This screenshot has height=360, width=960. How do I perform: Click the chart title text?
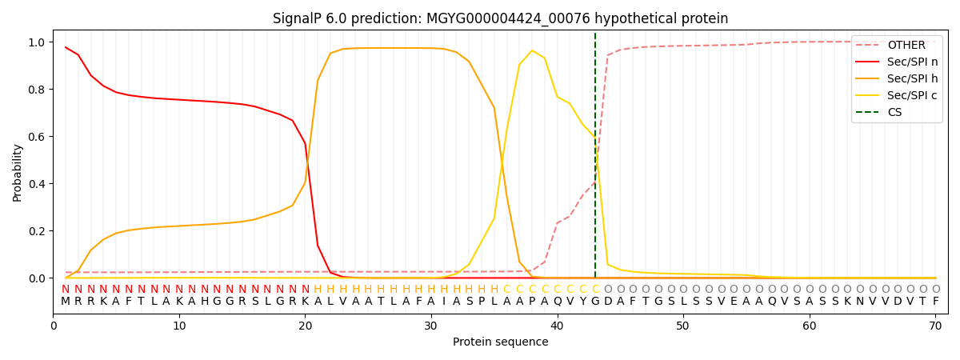click(x=500, y=18)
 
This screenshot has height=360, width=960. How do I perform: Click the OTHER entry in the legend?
click(x=906, y=46)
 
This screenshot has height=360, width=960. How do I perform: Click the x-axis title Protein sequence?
click(x=500, y=342)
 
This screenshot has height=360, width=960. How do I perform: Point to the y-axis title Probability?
click(x=18, y=172)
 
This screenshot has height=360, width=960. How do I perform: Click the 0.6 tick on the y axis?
click(x=37, y=137)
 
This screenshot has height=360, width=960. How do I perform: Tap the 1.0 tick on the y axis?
click(x=37, y=42)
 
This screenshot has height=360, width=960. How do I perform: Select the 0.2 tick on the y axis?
click(x=37, y=231)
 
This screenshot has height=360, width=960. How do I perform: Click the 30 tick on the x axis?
click(x=431, y=326)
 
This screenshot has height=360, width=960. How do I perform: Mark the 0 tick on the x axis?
click(x=54, y=326)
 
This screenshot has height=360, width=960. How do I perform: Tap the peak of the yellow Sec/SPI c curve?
click(x=532, y=51)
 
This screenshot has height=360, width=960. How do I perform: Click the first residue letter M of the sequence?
click(x=66, y=302)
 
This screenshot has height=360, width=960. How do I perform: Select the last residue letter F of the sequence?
click(x=935, y=302)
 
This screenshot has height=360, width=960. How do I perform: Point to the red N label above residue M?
click(x=66, y=290)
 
